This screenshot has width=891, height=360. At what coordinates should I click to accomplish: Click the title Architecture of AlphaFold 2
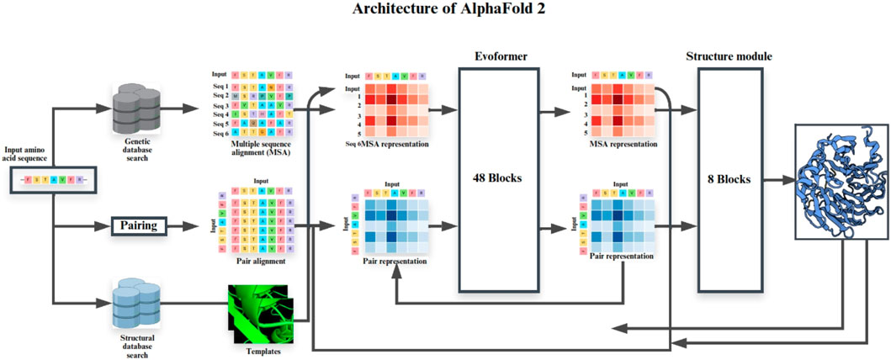pyautogui.click(x=445, y=12)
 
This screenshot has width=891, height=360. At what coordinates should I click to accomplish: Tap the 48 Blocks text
pyautogui.click(x=497, y=177)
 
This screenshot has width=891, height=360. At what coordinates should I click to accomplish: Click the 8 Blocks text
pyautogui.click(x=730, y=178)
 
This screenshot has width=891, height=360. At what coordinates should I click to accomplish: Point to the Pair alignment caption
pyautogui.click(x=263, y=262)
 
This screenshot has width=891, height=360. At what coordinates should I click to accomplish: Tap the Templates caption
pyautogui.click(x=262, y=351)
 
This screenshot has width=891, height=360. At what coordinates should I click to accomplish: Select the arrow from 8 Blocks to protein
pyautogui.click(x=778, y=178)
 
